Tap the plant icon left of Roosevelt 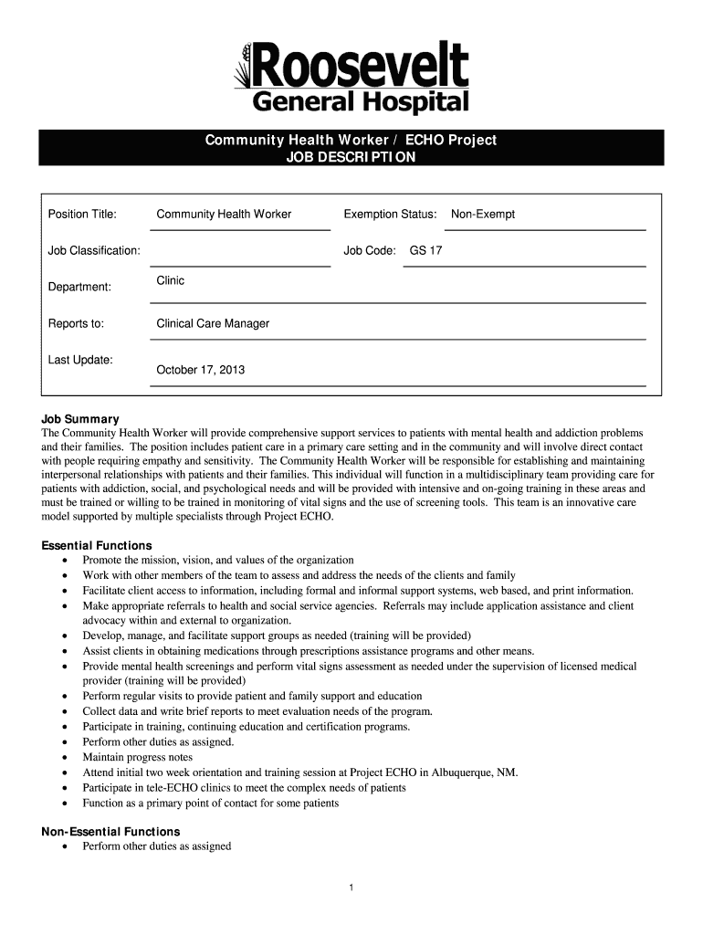pos(244,70)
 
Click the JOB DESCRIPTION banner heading pos(351,157)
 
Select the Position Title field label pos(82,215)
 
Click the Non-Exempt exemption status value pos(483,215)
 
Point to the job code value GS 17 pos(425,250)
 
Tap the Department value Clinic pos(171,281)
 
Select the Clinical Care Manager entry pos(213,324)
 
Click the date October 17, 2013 pos(200,371)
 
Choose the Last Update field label pos(80,360)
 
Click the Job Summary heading pos(80,419)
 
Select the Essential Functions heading pos(97,546)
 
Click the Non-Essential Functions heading pos(110,832)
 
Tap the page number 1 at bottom pos(351,888)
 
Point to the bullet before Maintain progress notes pos(64,758)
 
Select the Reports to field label pos(76,324)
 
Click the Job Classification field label pos(94,250)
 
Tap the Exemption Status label pos(390,215)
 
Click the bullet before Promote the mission pos(64,561)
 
